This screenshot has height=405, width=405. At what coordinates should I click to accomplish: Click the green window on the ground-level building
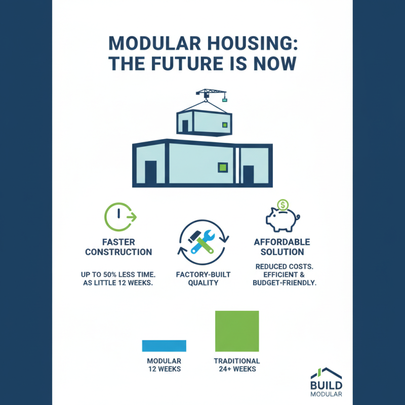tap(222, 167)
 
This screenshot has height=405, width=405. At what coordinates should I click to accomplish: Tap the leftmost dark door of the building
tap(151, 172)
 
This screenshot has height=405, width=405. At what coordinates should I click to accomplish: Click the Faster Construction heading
tap(118, 247)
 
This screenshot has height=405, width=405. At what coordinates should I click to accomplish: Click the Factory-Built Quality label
tap(203, 278)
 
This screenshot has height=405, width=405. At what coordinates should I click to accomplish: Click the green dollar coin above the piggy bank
tap(283, 205)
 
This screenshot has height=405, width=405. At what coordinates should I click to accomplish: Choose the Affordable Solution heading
tap(282, 247)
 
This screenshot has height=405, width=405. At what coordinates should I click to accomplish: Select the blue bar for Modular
tap(164, 346)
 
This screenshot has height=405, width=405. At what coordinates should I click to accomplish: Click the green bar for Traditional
tap(237, 331)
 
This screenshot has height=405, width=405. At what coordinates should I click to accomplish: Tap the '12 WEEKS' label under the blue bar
tap(164, 369)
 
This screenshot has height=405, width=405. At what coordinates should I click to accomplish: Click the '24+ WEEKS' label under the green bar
tap(237, 369)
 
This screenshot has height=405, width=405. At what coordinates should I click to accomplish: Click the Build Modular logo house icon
tap(326, 374)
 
